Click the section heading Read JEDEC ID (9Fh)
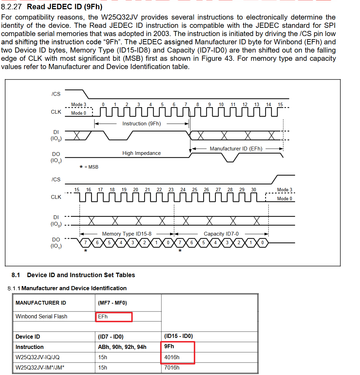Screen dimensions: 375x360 65,7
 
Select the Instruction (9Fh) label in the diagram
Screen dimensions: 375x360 142,124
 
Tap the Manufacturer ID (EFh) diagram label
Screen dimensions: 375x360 236,149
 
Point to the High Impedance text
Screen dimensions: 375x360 142,153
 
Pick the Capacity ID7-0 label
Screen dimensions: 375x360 221,234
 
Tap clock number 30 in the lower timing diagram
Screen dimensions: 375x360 254,190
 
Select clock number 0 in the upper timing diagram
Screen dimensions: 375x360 103,104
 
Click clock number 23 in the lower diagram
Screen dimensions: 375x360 171,190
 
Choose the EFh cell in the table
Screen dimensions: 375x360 103,316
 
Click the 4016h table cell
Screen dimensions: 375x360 172,357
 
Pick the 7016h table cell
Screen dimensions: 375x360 172,367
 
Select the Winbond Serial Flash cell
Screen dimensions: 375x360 42,316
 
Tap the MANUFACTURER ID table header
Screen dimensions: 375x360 41,303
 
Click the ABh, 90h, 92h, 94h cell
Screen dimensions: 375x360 122,347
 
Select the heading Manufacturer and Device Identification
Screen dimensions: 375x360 74,288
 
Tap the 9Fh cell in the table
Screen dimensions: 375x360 169,346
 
